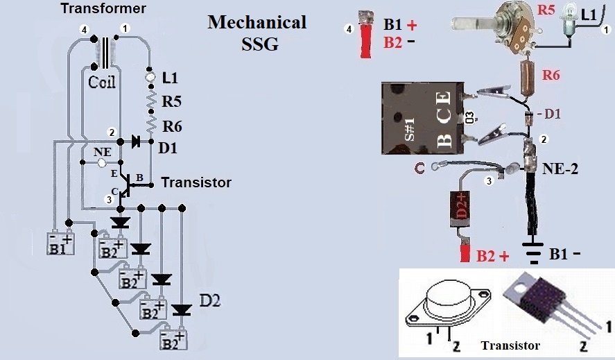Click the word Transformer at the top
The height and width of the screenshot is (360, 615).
[x=103, y=8]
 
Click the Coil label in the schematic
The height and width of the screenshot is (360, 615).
[x=102, y=82]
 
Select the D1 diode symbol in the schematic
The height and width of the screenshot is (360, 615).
[x=136, y=141]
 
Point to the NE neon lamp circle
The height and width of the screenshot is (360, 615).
[x=102, y=162]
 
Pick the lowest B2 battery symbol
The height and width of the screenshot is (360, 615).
[x=173, y=338]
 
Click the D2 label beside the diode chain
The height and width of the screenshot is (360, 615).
[x=210, y=301]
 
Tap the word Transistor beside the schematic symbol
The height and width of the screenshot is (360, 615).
[x=196, y=182]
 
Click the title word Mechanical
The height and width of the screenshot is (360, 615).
[x=257, y=22]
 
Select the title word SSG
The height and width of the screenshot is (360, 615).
[x=259, y=44]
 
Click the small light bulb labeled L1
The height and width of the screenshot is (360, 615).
[x=569, y=19]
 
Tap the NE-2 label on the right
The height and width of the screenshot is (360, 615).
[x=560, y=169]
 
